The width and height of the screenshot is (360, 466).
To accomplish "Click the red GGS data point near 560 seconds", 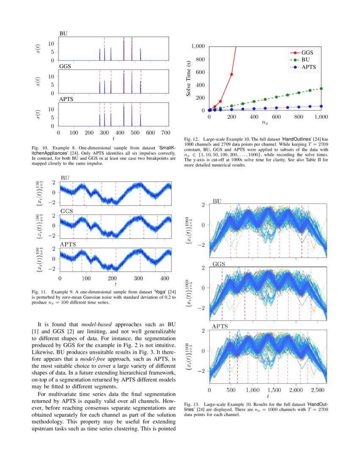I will [232, 75].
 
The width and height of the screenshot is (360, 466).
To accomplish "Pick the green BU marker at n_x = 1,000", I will [321, 89].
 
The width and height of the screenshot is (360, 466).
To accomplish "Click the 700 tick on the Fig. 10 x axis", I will [166, 133].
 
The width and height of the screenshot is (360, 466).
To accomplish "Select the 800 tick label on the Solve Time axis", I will [199, 59].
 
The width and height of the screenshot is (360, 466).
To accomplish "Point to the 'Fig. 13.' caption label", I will [192, 404].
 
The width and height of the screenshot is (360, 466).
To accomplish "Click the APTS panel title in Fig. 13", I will [220, 327].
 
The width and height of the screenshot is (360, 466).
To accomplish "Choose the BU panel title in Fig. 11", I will [65, 178].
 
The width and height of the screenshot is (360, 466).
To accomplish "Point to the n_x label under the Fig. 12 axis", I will [265, 123].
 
